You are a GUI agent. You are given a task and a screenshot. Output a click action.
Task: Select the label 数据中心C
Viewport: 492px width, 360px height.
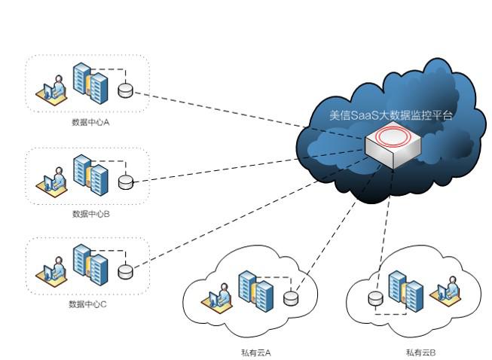[88, 304]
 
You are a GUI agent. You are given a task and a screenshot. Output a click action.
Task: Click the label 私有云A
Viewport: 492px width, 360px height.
[251, 352]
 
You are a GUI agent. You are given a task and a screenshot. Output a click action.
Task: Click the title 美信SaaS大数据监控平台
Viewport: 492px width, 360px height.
[391, 116]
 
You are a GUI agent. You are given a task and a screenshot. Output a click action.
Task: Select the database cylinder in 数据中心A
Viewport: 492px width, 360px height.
[125, 90]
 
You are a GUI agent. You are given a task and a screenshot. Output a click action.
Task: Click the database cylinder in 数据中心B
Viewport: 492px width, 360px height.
[125, 182]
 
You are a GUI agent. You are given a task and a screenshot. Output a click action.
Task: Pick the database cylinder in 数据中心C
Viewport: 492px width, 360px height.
[125, 271]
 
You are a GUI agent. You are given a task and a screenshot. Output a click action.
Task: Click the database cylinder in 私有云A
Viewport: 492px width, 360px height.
[291, 298]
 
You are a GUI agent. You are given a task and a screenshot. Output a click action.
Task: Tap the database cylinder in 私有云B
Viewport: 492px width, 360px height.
[374, 299]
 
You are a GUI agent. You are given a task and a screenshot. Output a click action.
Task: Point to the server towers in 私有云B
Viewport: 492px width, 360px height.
[405, 290]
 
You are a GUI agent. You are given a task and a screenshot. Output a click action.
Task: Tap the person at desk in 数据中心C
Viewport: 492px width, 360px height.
[50, 273]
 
